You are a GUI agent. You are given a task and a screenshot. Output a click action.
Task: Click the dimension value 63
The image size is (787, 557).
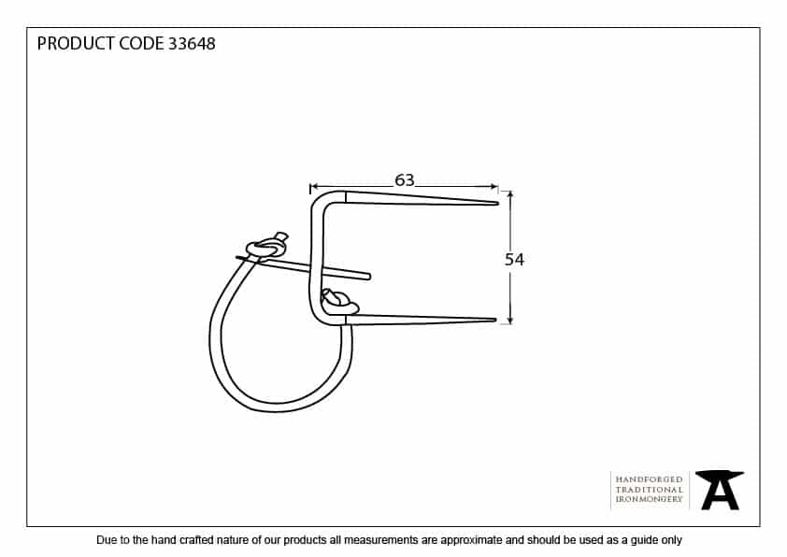[405, 179]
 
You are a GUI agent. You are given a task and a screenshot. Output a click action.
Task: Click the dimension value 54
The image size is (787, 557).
[514, 260]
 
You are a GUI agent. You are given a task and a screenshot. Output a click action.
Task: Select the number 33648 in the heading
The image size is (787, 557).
[192, 44]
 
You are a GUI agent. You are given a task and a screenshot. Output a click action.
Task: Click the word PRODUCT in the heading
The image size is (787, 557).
[76, 44]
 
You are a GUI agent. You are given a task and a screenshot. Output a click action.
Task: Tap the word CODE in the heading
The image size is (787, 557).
[141, 44]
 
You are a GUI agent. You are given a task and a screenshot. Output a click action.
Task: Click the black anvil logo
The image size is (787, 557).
[720, 491]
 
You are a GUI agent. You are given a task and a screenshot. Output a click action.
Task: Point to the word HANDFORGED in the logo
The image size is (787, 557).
[649, 479]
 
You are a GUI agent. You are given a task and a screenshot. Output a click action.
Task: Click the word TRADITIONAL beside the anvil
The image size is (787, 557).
[649, 490]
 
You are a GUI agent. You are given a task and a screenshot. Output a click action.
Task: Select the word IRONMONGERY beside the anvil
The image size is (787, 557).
[649, 499]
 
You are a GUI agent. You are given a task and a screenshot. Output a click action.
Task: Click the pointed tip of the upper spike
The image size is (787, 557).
[497, 203]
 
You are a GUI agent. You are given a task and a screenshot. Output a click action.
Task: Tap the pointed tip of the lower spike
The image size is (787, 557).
[495, 320]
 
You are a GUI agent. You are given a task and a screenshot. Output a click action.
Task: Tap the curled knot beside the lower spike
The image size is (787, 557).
[338, 302]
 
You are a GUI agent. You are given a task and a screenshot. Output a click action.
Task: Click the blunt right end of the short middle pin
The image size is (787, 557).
[368, 276]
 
